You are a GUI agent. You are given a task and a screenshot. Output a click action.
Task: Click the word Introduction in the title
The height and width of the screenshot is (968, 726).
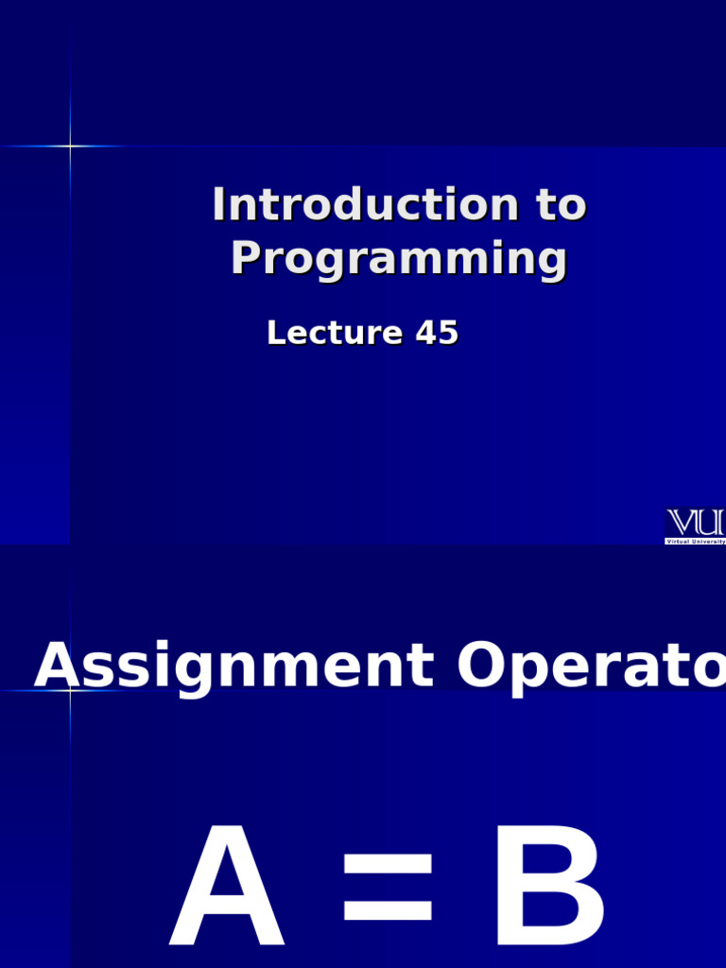[x=365, y=206]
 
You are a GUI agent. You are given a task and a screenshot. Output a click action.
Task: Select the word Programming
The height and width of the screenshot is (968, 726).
[x=399, y=259]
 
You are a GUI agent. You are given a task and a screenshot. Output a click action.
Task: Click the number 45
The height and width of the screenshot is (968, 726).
[x=437, y=333]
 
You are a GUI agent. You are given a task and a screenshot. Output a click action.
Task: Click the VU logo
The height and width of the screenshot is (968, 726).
[x=696, y=523]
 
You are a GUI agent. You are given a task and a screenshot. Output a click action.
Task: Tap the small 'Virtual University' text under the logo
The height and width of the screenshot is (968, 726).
[x=696, y=542]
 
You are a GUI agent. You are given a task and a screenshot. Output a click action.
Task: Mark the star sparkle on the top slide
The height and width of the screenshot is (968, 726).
[x=69, y=146]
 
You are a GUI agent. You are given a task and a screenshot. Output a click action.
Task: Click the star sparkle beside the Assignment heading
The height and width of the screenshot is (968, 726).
[x=69, y=690]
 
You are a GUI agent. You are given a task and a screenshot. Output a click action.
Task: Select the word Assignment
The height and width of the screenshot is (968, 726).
[x=233, y=667]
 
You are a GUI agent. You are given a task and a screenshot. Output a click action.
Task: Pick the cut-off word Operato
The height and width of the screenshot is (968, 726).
[x=590, y=667]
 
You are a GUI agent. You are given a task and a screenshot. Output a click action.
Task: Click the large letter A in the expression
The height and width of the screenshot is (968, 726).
[x=227, y=889]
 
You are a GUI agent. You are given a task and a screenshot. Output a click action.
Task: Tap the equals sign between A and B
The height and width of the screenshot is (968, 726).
[x=389, y=889]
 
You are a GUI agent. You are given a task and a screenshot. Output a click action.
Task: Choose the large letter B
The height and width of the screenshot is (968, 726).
[x=547, y=889]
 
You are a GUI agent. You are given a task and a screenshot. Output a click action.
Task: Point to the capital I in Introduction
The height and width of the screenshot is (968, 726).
[x=219, y=206]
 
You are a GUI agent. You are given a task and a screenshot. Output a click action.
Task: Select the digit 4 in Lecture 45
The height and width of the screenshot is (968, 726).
[x=424, y=333]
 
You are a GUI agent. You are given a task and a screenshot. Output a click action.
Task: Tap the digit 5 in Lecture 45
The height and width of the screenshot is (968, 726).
[x=448, y=333]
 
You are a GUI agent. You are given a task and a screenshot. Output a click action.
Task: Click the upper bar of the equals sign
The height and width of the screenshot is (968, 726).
[x=389, y=864]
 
